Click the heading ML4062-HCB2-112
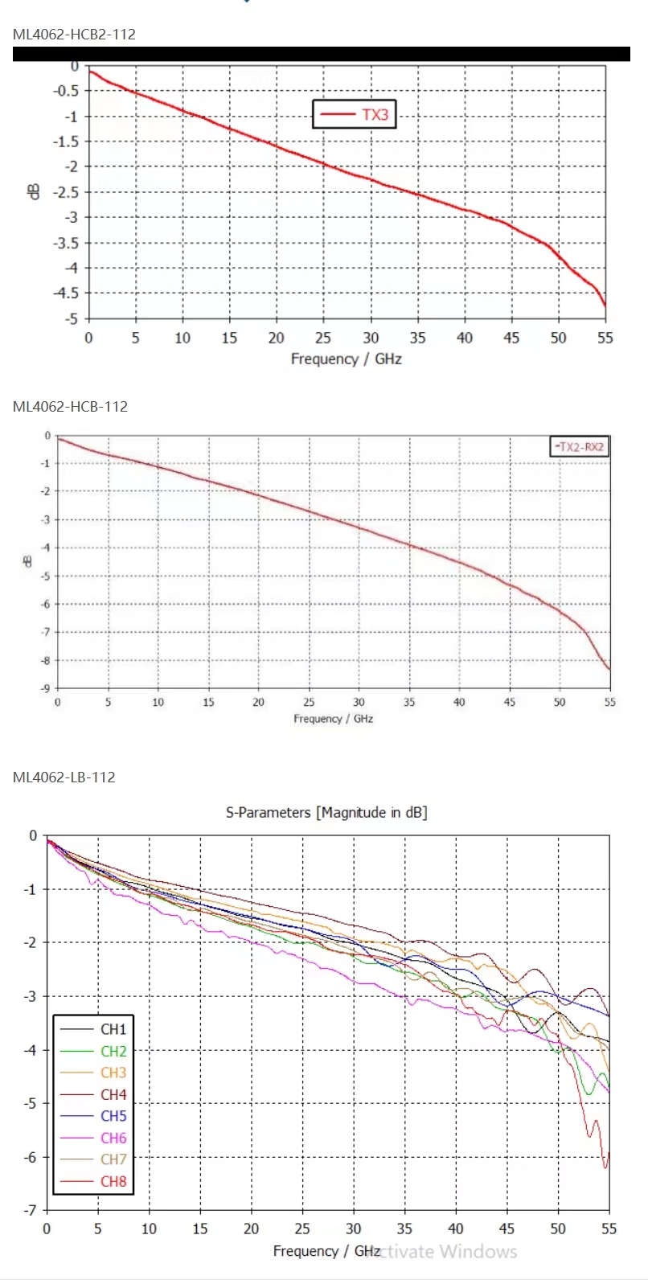(74, 35)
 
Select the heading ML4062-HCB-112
(70, 407)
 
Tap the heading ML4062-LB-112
(64, 777)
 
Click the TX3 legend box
(354, 114)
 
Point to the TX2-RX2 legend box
(579, 446)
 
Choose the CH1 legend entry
(113, 1029)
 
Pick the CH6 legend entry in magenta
(113, 1138)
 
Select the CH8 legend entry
(113, 1181)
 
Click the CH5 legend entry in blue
(113, 1116)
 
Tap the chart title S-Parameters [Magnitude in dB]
(326, 813)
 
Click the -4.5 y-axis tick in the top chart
(66, 293)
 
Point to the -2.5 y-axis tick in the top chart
(66, 192)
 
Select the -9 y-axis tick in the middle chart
(47, 688)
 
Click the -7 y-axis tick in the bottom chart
(31, 1210)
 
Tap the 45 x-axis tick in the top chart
(511, 338)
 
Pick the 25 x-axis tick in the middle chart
(309, 703)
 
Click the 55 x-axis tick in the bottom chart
(609, 1229)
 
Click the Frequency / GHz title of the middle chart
(333, 719)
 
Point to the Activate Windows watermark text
(450, 1252)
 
